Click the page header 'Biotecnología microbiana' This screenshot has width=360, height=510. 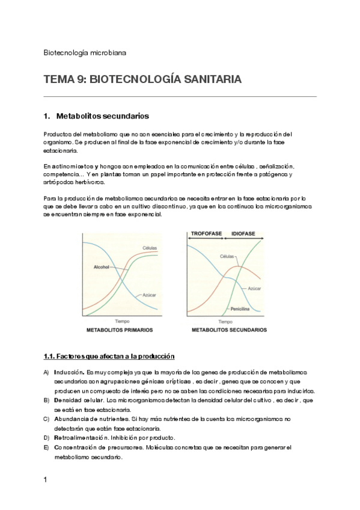click(85, 52)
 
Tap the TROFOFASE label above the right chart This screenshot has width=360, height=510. click(206, 232)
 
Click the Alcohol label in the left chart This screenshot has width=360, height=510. click(103, 267)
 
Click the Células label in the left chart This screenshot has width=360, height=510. click(150, 248)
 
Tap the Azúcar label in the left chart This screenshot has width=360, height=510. click(150, 295)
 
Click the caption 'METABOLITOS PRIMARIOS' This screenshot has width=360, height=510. click(120, 330)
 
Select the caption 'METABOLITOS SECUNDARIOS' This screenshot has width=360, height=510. click(229, 330)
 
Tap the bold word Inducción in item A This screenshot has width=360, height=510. click(69, 372)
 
